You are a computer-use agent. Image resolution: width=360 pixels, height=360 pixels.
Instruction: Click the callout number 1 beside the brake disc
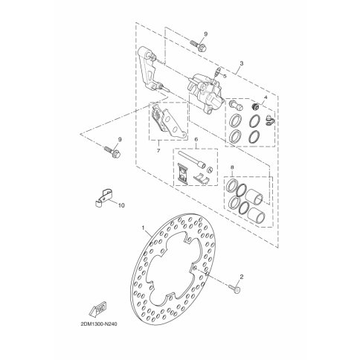click(143, 228)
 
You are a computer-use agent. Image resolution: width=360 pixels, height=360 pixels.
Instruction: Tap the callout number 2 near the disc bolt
click(242, 277)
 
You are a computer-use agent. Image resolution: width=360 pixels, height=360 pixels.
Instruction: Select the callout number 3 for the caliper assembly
click(242, 63)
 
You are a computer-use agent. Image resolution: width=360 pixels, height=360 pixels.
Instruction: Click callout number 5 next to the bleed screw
click(225, 76)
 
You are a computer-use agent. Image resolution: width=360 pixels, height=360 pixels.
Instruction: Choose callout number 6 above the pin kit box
click(196, 140)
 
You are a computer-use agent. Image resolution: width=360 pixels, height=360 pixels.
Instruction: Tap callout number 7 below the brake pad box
click(158, 150)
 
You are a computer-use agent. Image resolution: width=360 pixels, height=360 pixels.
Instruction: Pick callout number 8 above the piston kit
click(232, 167)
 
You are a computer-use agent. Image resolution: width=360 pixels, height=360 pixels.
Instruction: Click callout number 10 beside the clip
click(121, 205)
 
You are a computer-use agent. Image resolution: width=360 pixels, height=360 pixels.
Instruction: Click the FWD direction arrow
click(98, 308)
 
